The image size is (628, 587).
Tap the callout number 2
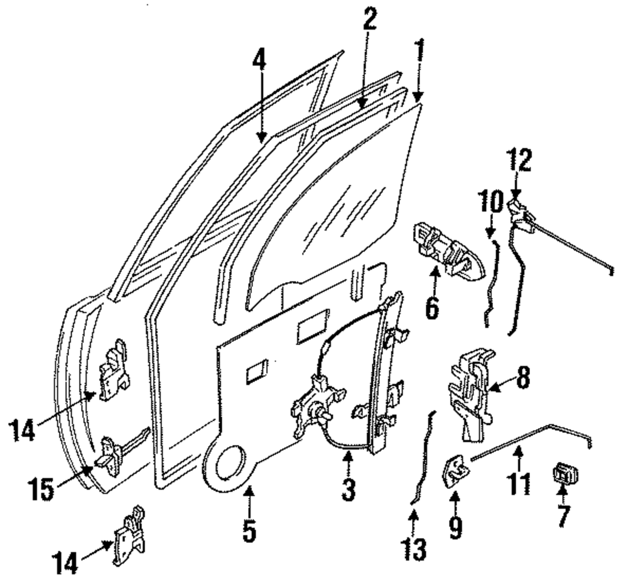point(369,21)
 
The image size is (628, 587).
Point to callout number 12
point(520,162)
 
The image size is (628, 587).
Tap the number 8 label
point(522,378)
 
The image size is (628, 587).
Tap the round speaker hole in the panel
point(230,465)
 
